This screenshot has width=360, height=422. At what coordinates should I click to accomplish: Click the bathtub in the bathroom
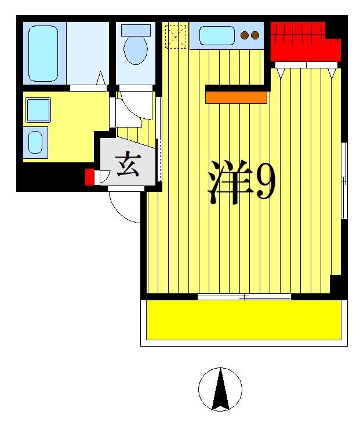click(43, 52)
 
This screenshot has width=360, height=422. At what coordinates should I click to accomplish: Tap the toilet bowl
click(136, 51)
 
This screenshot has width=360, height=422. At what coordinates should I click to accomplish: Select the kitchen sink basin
click(217, 35)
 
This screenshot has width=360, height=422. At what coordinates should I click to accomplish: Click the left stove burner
click(245, 35)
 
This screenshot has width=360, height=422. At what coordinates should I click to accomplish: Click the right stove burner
click(254, 35)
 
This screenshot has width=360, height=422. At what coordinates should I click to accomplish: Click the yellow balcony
click(243, 319)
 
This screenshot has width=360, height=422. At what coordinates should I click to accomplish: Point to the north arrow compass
click(220, 389)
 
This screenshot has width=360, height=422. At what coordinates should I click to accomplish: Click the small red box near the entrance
click(89, 177)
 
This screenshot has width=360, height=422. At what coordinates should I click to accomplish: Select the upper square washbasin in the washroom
click(38, 110)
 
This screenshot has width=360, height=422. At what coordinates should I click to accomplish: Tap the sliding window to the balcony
click(244, 297)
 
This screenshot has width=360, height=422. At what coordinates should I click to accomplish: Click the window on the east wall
click(344, 180)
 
